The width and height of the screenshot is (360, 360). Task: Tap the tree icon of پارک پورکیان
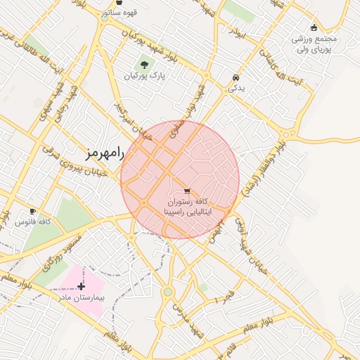(x=144, y=65)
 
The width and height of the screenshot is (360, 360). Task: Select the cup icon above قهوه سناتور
(x=119, y=3)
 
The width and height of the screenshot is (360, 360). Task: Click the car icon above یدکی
(x=235, y=77)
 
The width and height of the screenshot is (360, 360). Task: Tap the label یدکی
(x=235, y=89)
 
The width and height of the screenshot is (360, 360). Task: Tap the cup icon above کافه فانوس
(x=32, y=211)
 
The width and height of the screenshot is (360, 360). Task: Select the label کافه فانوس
(x=32, y=222)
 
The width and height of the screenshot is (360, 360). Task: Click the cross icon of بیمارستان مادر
(x=82, y=286)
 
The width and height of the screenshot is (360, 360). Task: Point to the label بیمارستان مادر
(x=81, y=297)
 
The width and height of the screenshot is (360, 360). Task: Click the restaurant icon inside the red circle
(x=186, y=191)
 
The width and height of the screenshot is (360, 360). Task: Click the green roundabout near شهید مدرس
(x=168, y=292)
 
